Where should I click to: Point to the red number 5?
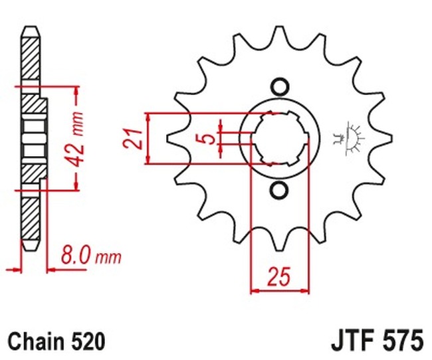[207, 138]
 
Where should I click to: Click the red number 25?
[279, 275]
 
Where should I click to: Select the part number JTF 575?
[376, 341]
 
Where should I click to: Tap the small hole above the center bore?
[279, 87]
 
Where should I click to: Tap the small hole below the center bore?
[279, 191]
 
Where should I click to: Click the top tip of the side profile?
[30, 30]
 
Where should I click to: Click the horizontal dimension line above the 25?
[279, 290]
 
